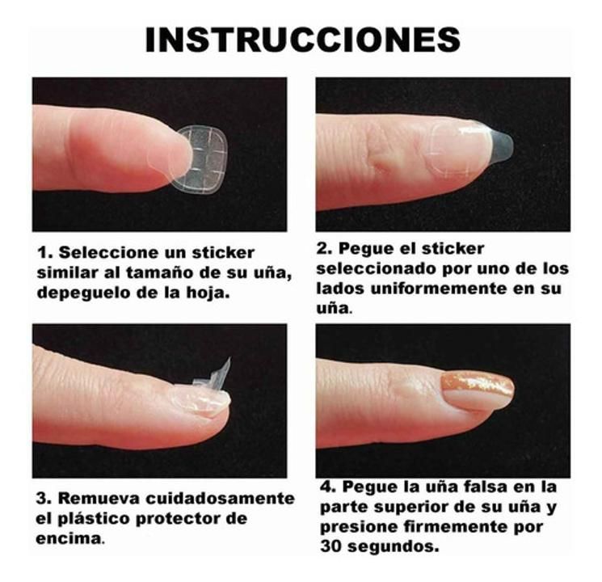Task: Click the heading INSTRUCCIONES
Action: tap(301, 40)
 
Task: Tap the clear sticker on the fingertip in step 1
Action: tap(200, 158)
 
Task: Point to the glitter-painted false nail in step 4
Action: tap(477, 390)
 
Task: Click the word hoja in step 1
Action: tap(209, 293)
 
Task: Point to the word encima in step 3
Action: tap(68, 538)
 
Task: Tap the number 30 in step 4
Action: tap(330, 546)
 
